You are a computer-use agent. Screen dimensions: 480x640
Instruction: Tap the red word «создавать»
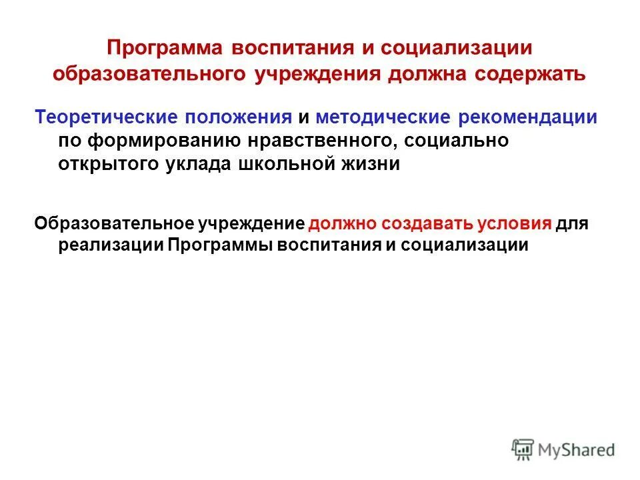point(417,222)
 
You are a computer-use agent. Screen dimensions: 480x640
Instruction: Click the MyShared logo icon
point(523,449)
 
